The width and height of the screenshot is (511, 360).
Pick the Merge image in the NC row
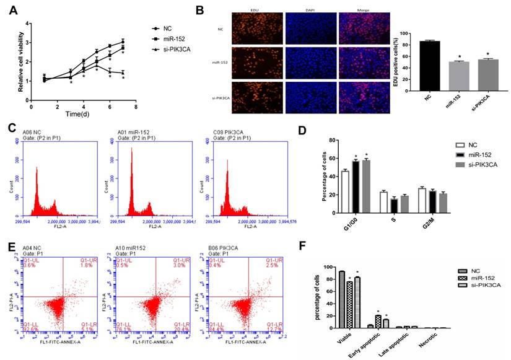[364, 28]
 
